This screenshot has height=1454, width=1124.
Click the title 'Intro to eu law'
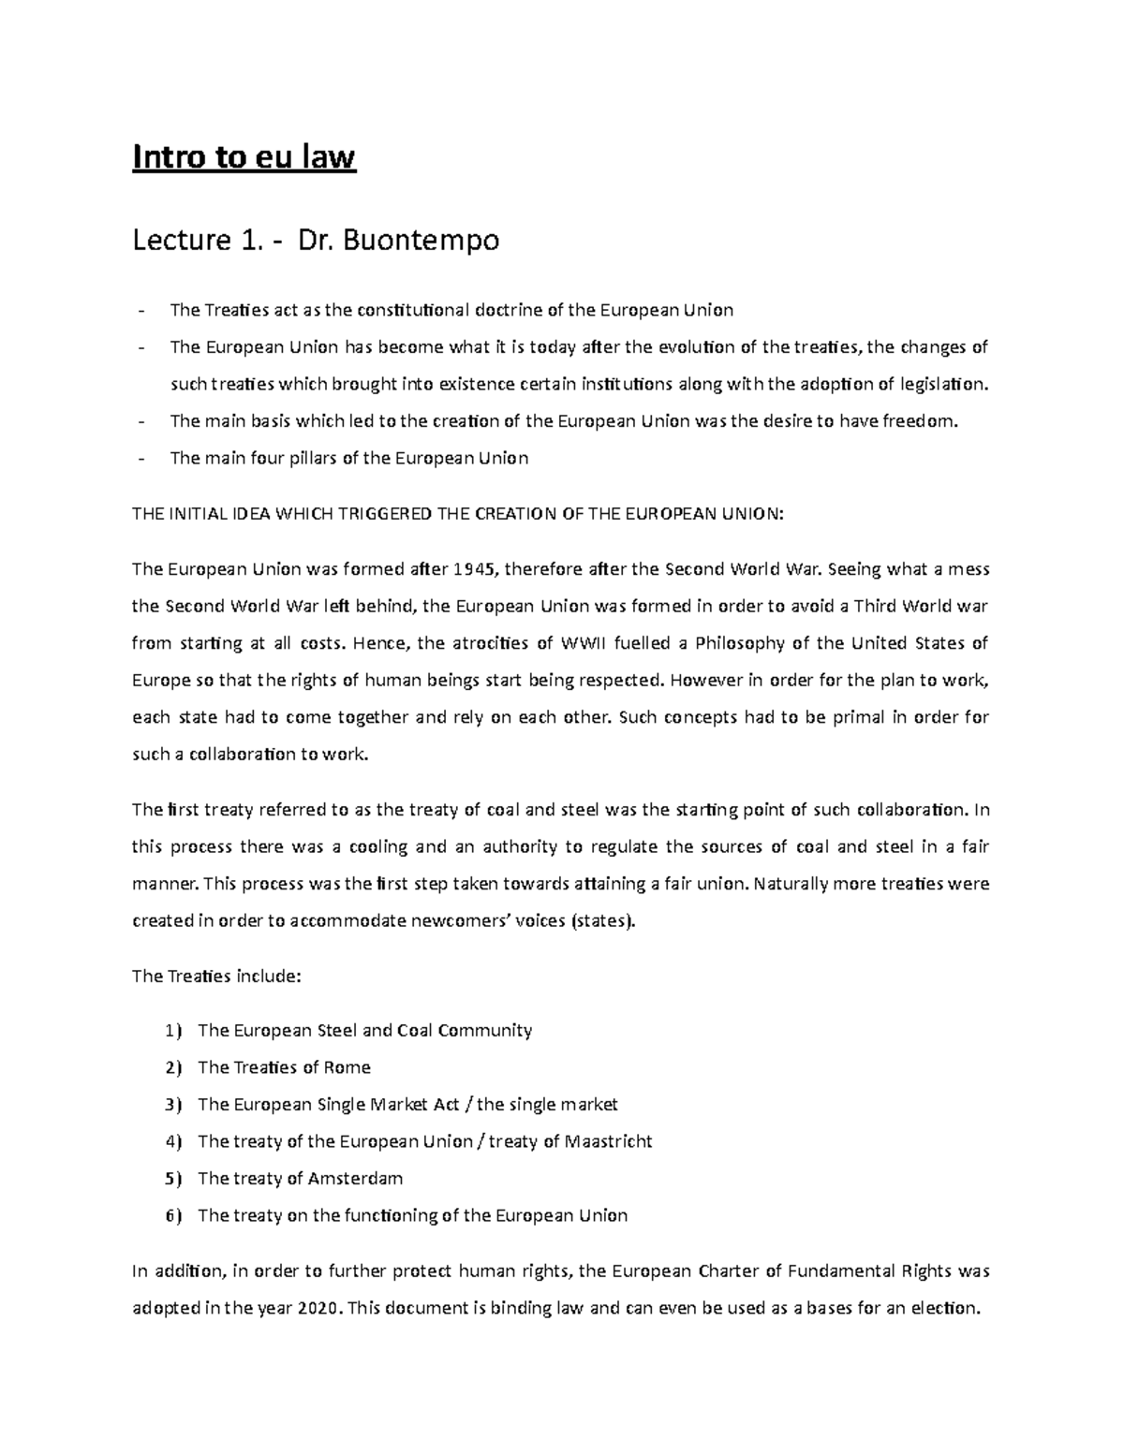(244, 157)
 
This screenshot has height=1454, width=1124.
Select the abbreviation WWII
(584, 643)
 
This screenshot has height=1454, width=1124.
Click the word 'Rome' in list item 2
(348, 1068)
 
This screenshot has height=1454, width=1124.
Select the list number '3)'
(171, 1105)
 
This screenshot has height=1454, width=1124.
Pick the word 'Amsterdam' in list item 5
(356, 1179)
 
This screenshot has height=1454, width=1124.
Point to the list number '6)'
(171, 1216)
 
